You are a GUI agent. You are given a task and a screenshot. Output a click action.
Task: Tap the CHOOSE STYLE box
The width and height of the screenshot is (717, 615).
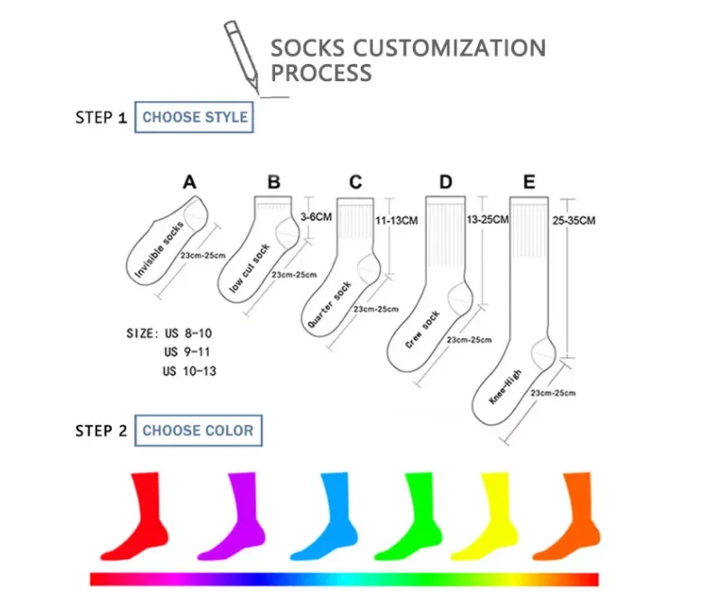tap(195, 117)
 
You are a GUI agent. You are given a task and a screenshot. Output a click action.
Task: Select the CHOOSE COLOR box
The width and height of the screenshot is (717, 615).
tap(198, 430)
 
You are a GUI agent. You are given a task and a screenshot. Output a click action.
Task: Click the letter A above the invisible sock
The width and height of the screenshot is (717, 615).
tap(189, 182)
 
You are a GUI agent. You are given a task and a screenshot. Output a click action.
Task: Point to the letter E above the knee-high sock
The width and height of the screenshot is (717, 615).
tap(529, 182)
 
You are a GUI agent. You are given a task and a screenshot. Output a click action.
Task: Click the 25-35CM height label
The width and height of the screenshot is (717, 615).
tap(574, 220)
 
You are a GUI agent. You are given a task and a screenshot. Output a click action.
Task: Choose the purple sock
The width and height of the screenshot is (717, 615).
tap(230, 514)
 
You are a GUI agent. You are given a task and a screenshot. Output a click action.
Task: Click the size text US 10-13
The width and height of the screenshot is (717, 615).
tap(189, 371)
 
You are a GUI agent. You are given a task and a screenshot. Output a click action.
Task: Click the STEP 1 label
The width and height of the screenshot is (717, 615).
tap(101, 118)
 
